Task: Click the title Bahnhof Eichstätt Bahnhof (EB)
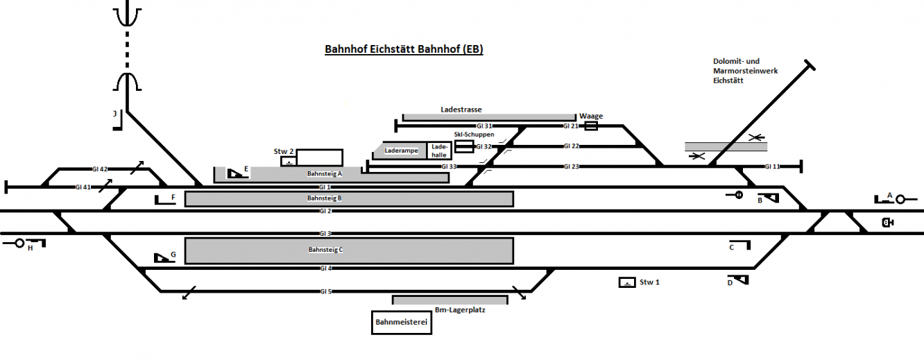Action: click(x=404, y=49)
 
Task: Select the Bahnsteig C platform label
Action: click(x=325, y=250)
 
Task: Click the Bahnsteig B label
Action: click(x=325, y=198)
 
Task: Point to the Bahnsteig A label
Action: click(x=325, y=174)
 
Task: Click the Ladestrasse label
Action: click(x=461, y=110)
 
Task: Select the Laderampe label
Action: click(x=401, y=151)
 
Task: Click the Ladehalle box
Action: click(x=439, y=151)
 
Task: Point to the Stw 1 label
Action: click(x=649, y=282)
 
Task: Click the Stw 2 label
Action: click(x=284, y=151)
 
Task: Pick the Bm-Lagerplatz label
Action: click(x=460, y=310)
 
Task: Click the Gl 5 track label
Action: click(x=325, y=291)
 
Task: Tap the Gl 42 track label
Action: click(x=100, y=169)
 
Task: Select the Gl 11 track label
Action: click(x=772, y=166)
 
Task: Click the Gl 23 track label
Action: click(x=571, y=166)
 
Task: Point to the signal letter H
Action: click(x=31, y=248)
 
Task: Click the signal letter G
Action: click(x=173, y=255)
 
